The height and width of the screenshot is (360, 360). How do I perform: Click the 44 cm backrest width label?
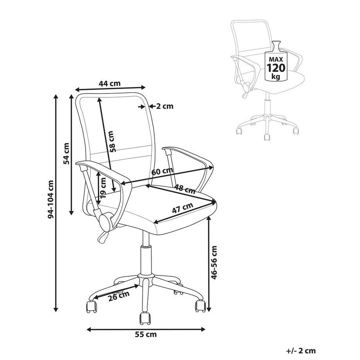[x=110, y=83]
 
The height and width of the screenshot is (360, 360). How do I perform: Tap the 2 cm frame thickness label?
[x=165, y=106]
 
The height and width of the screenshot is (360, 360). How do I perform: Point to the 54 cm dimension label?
[x=66, y=154]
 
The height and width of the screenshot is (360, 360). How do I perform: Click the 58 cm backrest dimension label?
[x=112, y=142]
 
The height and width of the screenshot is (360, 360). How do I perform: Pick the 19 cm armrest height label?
[x=103, y=188]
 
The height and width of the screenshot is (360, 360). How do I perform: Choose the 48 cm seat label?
[x=185, y=189]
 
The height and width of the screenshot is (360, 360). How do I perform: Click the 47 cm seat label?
[x=182, y=208]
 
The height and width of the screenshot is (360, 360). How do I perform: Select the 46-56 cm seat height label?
[x=214, y=263]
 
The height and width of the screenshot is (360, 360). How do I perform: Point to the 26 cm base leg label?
[x=119, y=296]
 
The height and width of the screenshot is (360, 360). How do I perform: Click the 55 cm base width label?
[x=146, y=335]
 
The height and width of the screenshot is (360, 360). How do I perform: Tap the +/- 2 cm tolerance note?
[x=301, y=351]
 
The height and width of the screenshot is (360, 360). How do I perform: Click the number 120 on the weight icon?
[x=276, y=68]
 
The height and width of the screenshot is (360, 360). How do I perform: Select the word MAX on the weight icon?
[x=276, y=59]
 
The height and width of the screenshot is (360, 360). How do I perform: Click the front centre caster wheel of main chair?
[x=145, y=319]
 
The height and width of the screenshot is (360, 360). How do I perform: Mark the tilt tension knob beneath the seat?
[x=105, y=221]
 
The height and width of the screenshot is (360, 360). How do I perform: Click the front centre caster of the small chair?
[x=267, y=137]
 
